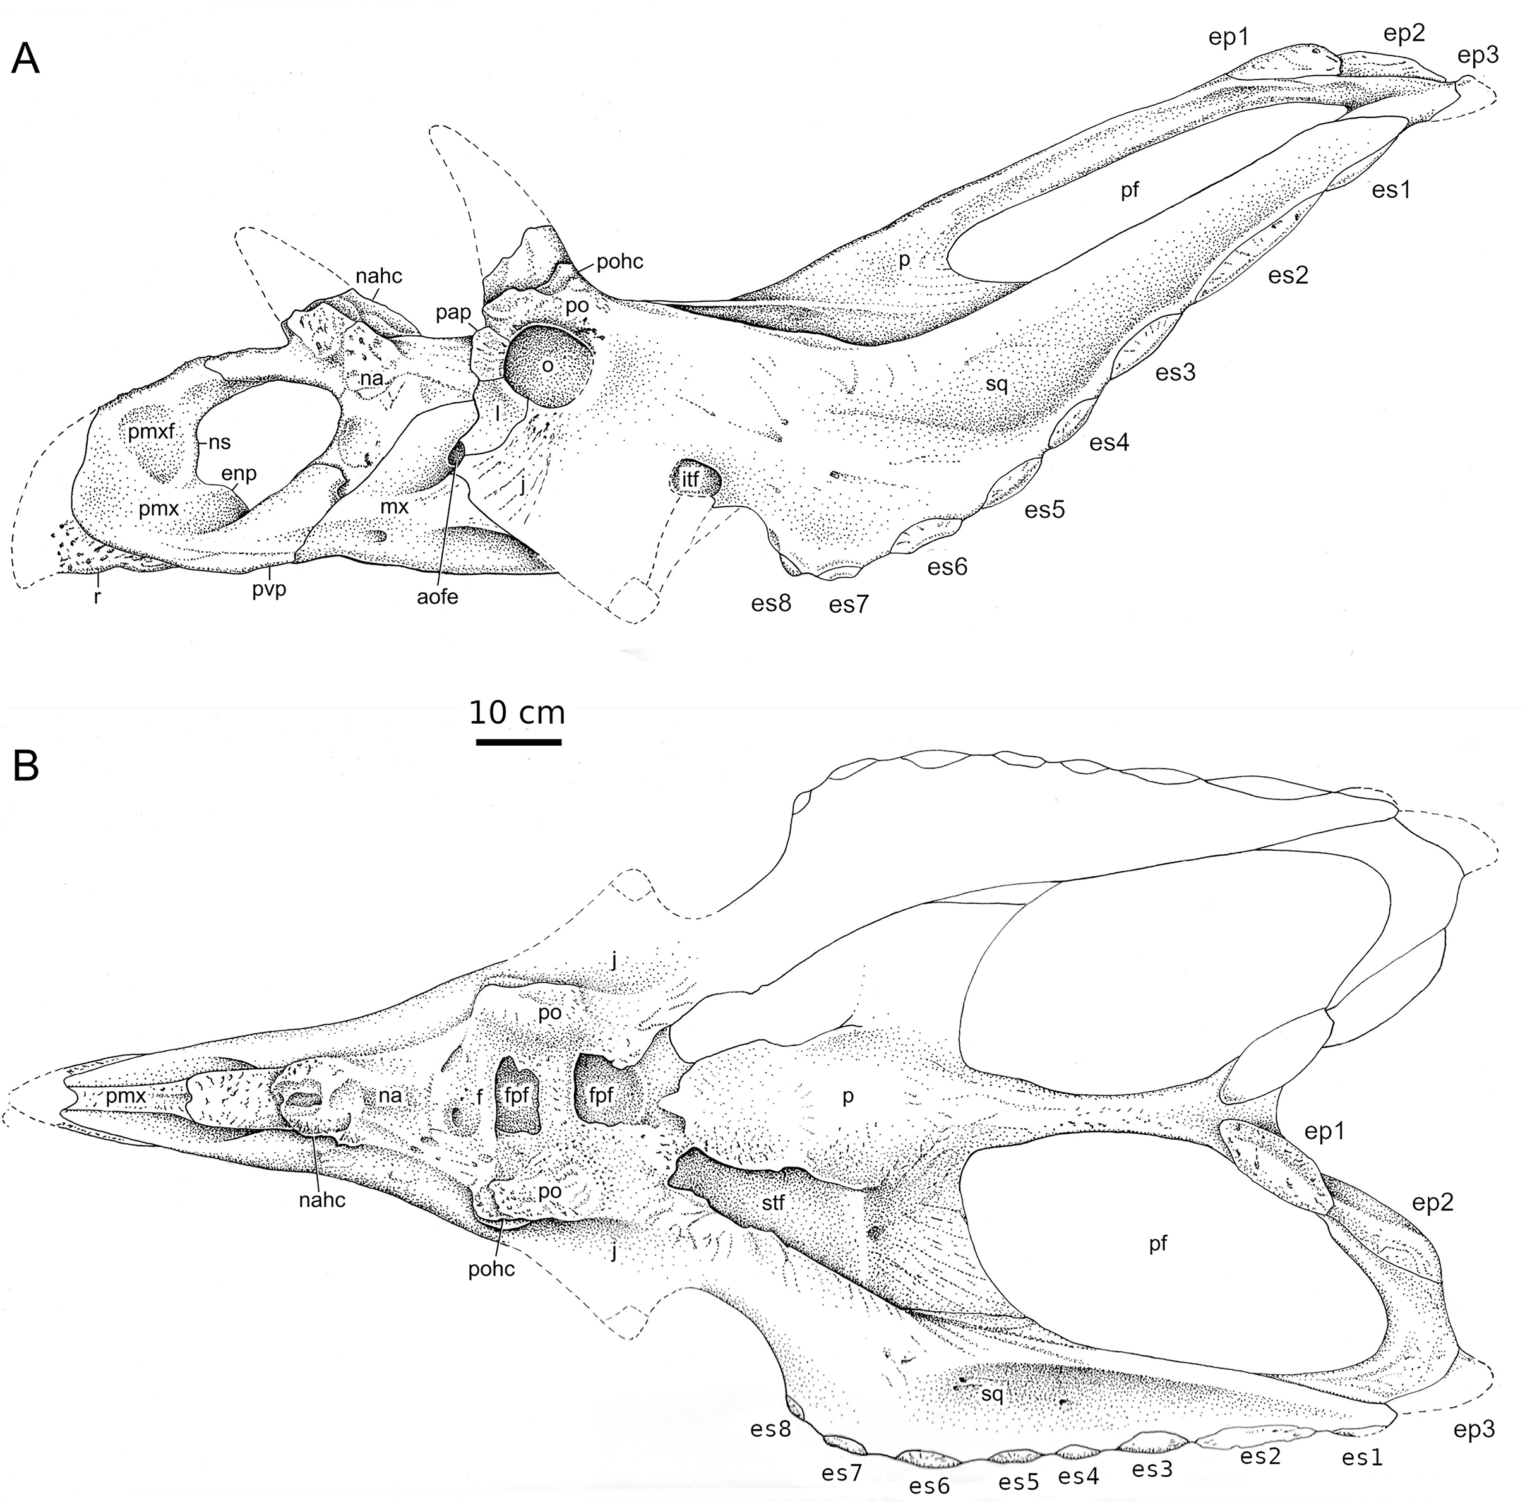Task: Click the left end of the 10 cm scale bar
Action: [477, 741]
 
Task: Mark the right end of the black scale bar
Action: [561, 741]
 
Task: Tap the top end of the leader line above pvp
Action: [271, 565]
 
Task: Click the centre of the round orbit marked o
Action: [548, 366]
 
